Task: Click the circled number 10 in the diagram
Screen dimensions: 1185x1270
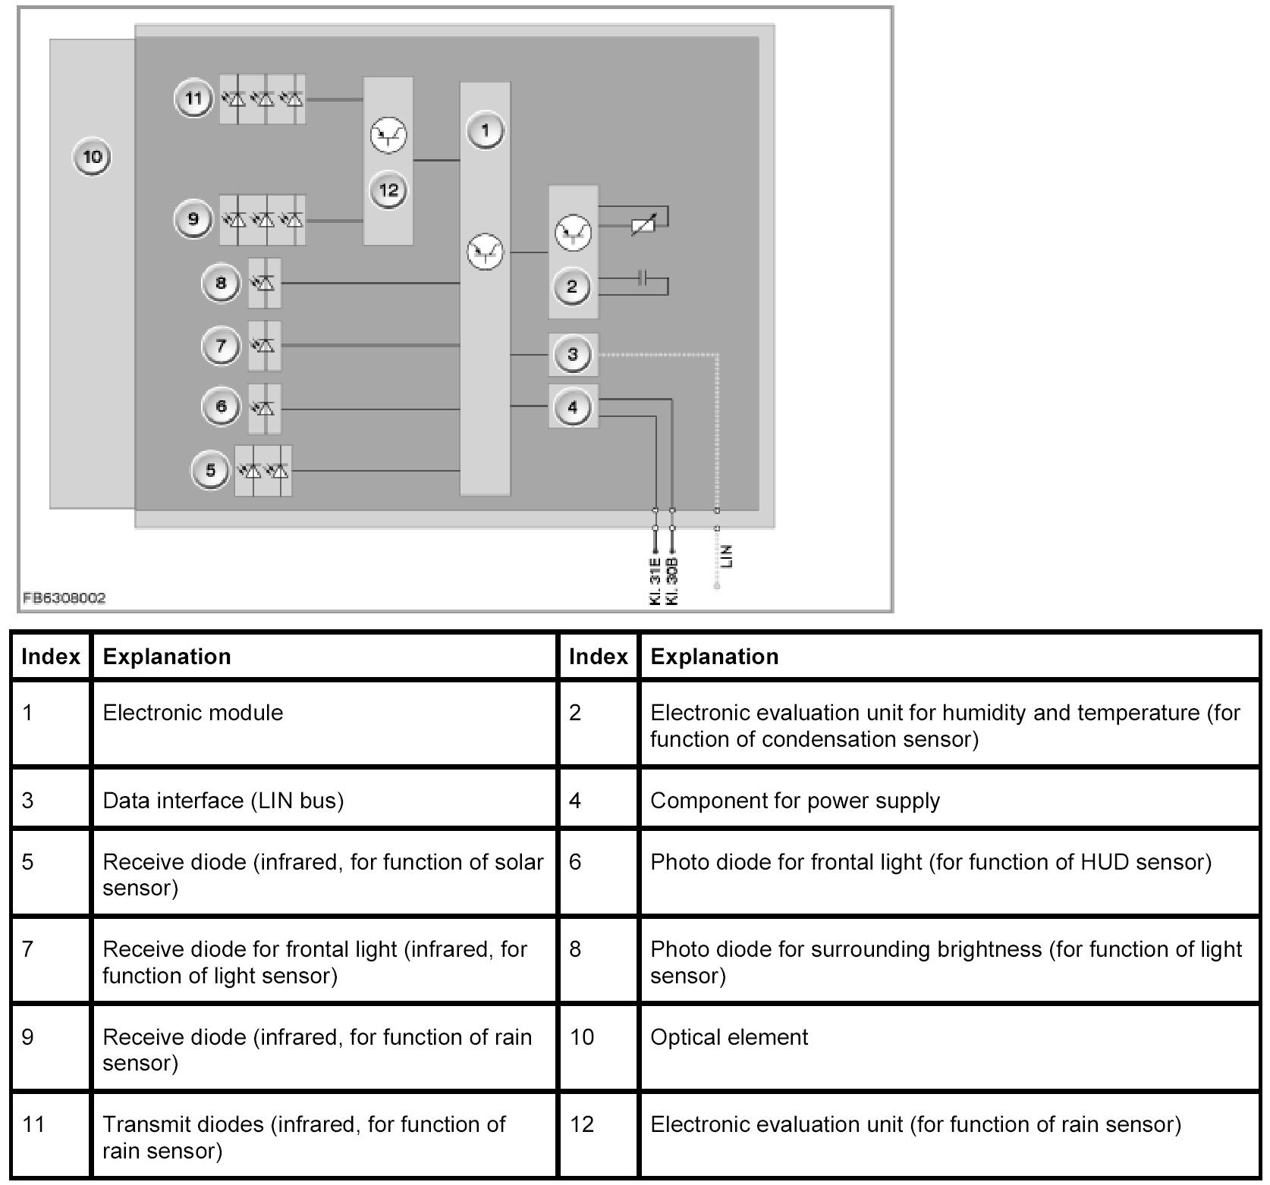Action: (x=92, y=158)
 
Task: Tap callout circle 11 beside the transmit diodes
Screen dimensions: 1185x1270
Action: (x=193, y=99)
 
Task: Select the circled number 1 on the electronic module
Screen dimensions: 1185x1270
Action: (x=485, y=131)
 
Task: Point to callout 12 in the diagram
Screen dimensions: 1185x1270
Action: (x=388, y=190)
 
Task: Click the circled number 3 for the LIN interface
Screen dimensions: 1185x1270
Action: (x=572, y=354)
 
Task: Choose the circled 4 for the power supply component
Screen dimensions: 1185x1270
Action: (x=572, y=407)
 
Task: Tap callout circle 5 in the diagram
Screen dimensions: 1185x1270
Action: (x=210, y=470)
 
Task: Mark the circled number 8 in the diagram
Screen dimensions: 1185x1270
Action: (x=220, y=284)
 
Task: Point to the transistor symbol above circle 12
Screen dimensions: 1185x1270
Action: (x=388, y=136)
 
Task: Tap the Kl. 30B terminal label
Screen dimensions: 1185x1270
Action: (x=672, y=582)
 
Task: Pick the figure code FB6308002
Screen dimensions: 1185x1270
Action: (x=64, y=598)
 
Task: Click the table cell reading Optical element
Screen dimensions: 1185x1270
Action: (x=729, y=1036)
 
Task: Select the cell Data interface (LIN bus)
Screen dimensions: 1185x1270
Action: (x=223, y=801)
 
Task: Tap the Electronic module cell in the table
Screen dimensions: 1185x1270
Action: (x=193, y=713)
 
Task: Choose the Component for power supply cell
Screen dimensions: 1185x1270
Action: (x=794, y=801)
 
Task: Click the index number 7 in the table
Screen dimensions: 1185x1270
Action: (x=28, y=949)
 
